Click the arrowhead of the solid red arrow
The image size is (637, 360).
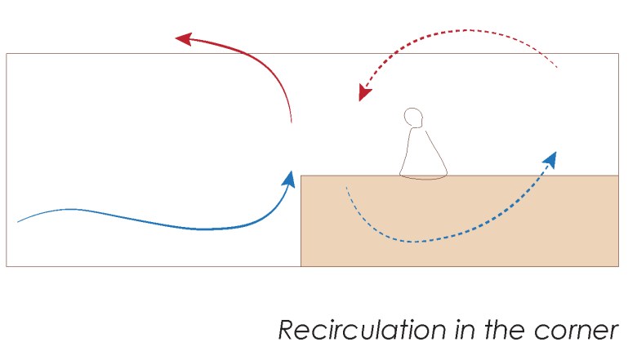coord(183,38)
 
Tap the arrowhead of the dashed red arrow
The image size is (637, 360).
coord(363,94)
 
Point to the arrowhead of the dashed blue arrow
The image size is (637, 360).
coord(552,158)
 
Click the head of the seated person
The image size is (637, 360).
coord(416,118)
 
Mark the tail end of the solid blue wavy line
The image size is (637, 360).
coord(18,221)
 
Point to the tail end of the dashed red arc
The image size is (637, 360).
coord(557,68)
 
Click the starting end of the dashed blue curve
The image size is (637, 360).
coord(347,188)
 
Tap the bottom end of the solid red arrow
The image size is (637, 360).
coord(291,123)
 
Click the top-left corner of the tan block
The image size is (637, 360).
coord(301,176)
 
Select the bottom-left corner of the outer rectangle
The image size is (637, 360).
coord(7,266)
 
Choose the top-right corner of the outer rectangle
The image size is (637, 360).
coord(618,54)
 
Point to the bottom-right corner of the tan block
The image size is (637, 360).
coord(618,266)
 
